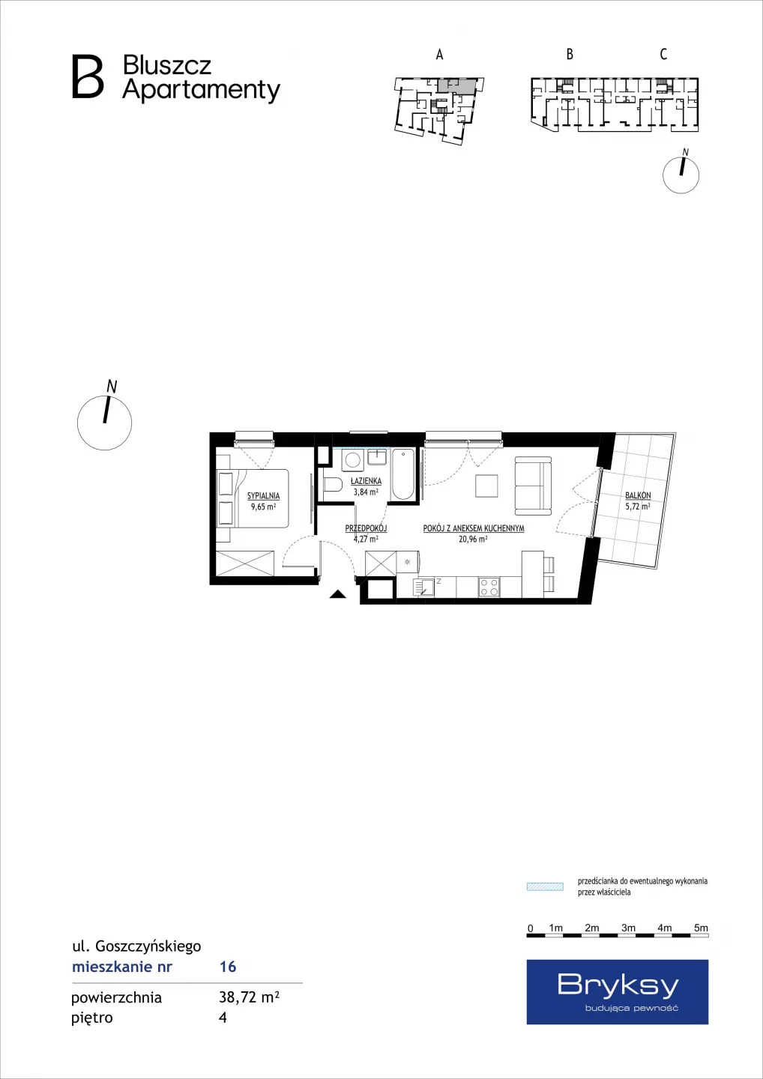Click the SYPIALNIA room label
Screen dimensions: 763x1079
click(x=263, y=495)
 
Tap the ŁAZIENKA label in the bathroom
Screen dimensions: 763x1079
click(x=366, y=481)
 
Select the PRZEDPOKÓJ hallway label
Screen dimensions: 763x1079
click(x=366, y=528)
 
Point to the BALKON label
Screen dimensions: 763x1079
click(x=638, y=495)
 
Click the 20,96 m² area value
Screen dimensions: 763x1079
click(x=473, y=539)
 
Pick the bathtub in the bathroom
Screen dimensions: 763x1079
click(x=402, y=475)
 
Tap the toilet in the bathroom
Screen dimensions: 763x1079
click(x=332, y=484)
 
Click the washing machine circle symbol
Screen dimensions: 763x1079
click(x=352, y=461)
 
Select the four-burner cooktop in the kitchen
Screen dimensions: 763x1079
click(x=489, y=587)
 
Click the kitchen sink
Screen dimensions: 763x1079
click(x=423, y=587)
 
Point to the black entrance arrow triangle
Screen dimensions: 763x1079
click(x=338, y=594)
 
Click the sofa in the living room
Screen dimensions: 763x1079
click(x=533, y=486)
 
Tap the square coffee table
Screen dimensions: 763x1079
click(x=486, y=486)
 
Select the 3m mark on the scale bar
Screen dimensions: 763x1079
click(x=628, y=928)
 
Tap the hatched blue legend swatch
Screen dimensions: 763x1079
click(x=545, y=887)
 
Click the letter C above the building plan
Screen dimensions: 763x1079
click(x=663, y=54)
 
